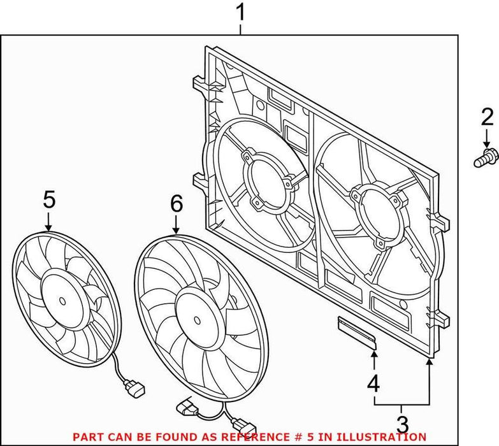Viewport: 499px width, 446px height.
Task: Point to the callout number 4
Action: pyautogui.click(x=373, y=384)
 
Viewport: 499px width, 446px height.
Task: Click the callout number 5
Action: pyautogui.click(x=49, y=199)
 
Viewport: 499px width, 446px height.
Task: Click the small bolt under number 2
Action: pyautogui.click(x=486, y=157)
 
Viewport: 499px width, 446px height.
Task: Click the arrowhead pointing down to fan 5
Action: pyautogui.click(x=49, y=226)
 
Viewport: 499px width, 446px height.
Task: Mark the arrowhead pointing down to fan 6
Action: pyautogui.click(x=177, y=230)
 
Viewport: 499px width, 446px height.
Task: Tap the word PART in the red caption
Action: pyautogui.click(x=89, y=436)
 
